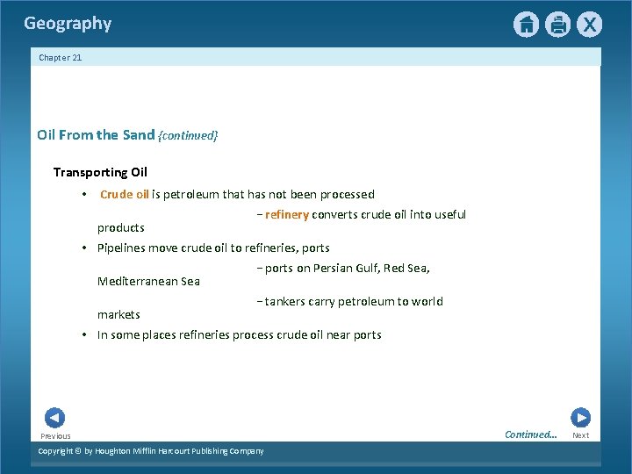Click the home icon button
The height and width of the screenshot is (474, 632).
[x=526, y=25]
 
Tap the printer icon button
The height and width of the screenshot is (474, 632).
[x=557, y=25]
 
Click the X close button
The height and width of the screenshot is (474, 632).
[x=589, y=25]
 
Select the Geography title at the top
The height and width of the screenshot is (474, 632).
[x=68, y=24]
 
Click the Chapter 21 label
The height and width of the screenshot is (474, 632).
[x=61, y=58]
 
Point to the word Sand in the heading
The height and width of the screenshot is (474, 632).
[x=138, y=135]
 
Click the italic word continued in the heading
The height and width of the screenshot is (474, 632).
[x=188, y=136]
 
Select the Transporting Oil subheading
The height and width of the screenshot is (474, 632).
[x=100, y=172]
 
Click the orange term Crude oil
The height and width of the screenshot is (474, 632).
[x=124, y=195]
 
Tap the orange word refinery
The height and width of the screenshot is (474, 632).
[x=286, y=215]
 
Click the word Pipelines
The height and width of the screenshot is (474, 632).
[x=121, y=248]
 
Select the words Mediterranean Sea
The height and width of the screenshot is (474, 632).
[x=148, y=282]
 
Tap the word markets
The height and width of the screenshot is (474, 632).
[x=118, y=315]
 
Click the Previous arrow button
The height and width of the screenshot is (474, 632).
[x=54, y=418]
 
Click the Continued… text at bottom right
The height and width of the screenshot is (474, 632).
[x=530, y=434]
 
